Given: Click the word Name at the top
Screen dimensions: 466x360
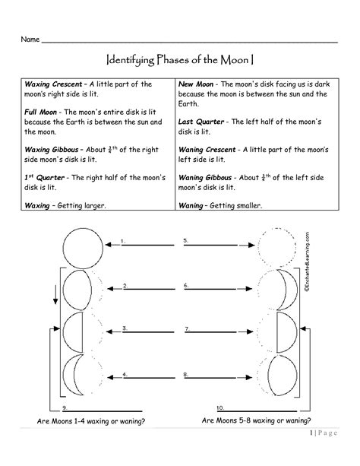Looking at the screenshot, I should click(30, 38).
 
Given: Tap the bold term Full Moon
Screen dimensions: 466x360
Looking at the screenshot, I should click(42, 112).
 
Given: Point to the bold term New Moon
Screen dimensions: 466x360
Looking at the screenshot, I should click(195, 84).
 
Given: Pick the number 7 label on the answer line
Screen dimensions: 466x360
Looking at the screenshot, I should click(186, 328).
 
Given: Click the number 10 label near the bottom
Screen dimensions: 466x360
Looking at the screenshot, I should click(220, 409).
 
